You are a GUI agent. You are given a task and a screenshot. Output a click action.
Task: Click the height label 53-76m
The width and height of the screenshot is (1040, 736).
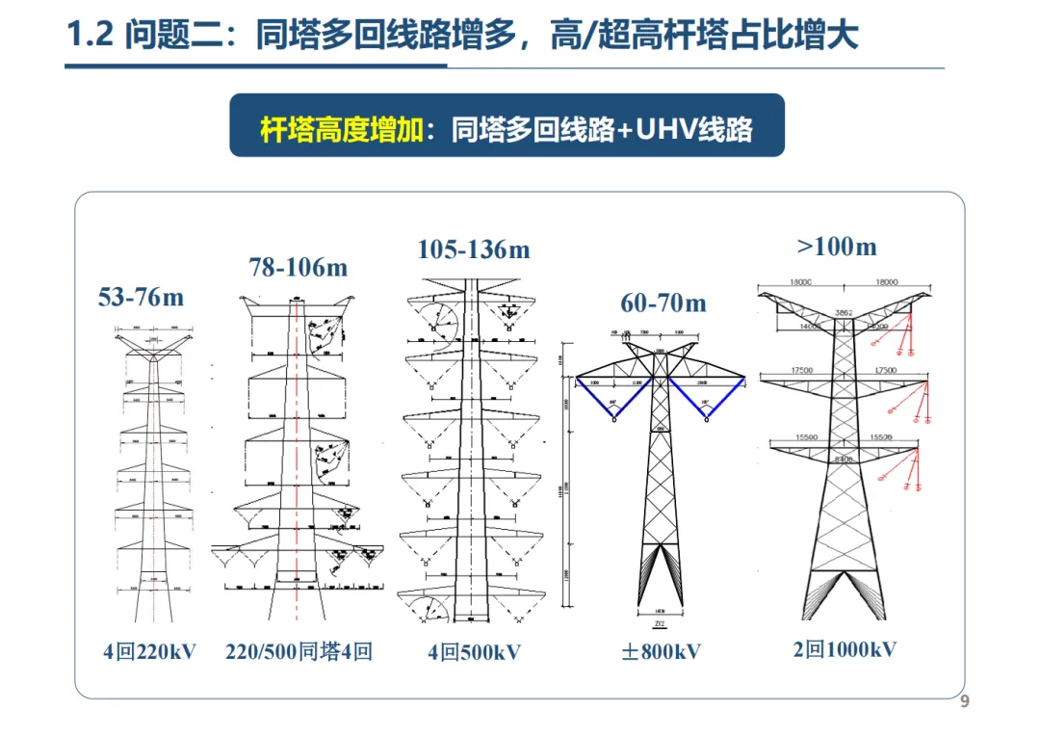click(141, 298)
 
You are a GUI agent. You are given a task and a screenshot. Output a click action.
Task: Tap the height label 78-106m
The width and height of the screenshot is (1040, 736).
click(299, 268)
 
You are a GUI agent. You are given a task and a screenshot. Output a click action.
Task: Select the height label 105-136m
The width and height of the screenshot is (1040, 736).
click(474, 250)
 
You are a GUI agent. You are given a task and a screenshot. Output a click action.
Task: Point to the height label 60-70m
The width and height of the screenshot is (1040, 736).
click(663, 304)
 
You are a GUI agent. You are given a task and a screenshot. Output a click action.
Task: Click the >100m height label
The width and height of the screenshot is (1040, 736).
click(837, 248)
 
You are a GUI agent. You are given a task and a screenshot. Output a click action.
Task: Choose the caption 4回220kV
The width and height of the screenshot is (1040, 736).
click(149, 652)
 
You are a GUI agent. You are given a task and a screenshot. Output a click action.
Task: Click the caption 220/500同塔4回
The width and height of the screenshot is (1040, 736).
click(299, 652)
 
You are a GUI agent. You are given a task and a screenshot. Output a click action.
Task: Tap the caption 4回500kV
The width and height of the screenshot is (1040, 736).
click(474, 653)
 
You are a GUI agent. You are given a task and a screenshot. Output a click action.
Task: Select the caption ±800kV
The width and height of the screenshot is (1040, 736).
click(661, 652)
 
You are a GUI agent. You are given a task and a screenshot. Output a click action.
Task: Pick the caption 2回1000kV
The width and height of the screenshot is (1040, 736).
click(845, 650)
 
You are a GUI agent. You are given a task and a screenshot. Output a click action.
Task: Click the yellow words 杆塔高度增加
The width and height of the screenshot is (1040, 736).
click(341, 129)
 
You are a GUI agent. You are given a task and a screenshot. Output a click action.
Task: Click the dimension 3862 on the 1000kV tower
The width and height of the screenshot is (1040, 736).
click(844, 313)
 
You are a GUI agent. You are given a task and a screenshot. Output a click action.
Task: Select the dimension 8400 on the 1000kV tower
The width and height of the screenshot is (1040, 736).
click(844, 460)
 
